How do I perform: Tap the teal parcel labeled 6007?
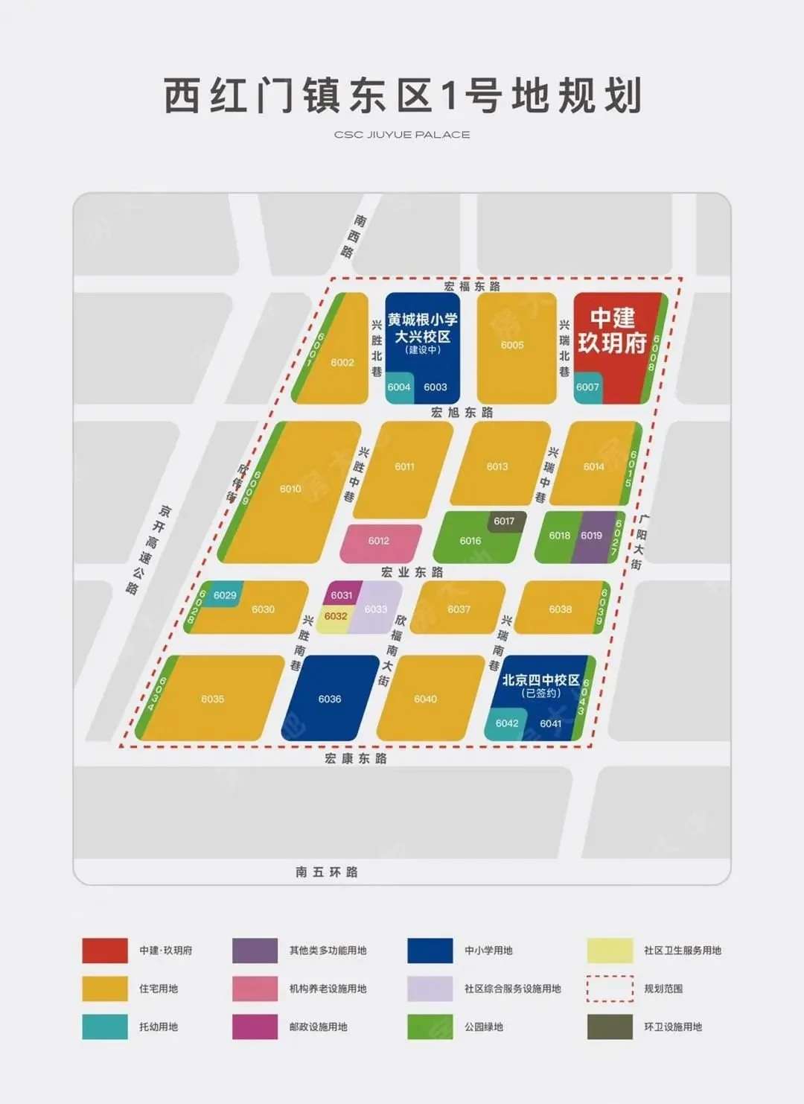point(587,387)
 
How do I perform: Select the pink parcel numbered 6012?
point(380,542)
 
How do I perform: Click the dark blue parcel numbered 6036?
point(330,699)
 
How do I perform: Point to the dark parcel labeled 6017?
point(504,521)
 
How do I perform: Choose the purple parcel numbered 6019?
point(593,536)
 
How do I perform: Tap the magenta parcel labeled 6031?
point(341,594)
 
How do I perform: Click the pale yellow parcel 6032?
point(335,617)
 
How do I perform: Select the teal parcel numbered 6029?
point(224,594)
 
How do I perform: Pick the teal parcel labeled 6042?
point(506,723)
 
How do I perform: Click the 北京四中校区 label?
point(541,680)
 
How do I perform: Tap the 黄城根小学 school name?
point(422,320)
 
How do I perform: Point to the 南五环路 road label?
point(327,872)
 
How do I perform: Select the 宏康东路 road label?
point(356,758)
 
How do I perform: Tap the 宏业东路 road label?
point(412,572)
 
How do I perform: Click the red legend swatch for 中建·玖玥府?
point(105,951)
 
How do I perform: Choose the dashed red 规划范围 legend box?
point(610,989)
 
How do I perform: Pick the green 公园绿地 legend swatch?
point(430,1027)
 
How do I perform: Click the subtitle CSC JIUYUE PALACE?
point(402,135)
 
